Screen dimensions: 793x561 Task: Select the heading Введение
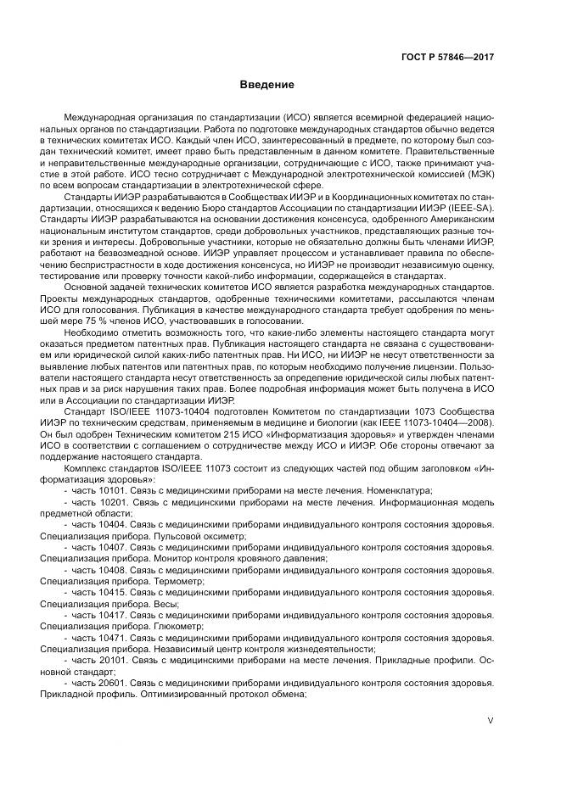[x=266, y=85]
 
